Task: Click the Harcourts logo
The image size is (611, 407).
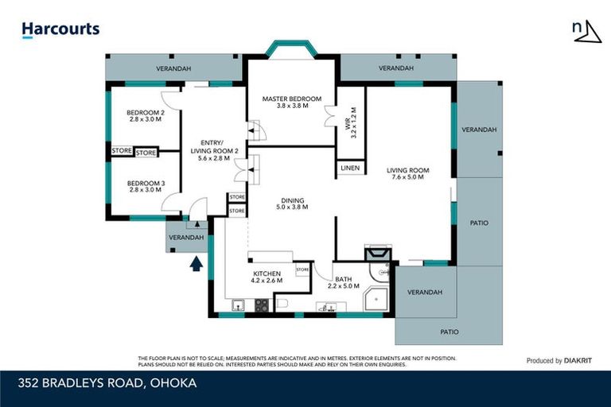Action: coord(60,29)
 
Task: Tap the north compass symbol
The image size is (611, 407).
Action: coord(586,30)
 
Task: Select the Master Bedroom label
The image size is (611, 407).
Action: coord(292,103)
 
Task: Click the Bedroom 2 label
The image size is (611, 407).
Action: coord(146,117)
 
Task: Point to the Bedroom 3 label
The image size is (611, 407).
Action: coord(146,188)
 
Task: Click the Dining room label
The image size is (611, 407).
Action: coord(291,203)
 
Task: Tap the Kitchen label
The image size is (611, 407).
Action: coord(267,277)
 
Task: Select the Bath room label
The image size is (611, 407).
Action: coord(344,283)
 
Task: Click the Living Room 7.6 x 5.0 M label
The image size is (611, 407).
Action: coord(408,173)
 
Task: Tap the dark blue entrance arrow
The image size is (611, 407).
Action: coord(197,262)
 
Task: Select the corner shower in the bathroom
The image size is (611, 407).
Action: coord(376,300)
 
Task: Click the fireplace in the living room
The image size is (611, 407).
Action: coord(378,254)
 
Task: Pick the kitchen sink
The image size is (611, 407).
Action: coord(237,304)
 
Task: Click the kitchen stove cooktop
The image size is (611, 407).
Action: coord(259,304)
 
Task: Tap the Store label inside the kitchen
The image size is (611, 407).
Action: coord(302,270)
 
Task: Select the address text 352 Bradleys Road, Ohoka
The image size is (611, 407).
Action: coord(107,383)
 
